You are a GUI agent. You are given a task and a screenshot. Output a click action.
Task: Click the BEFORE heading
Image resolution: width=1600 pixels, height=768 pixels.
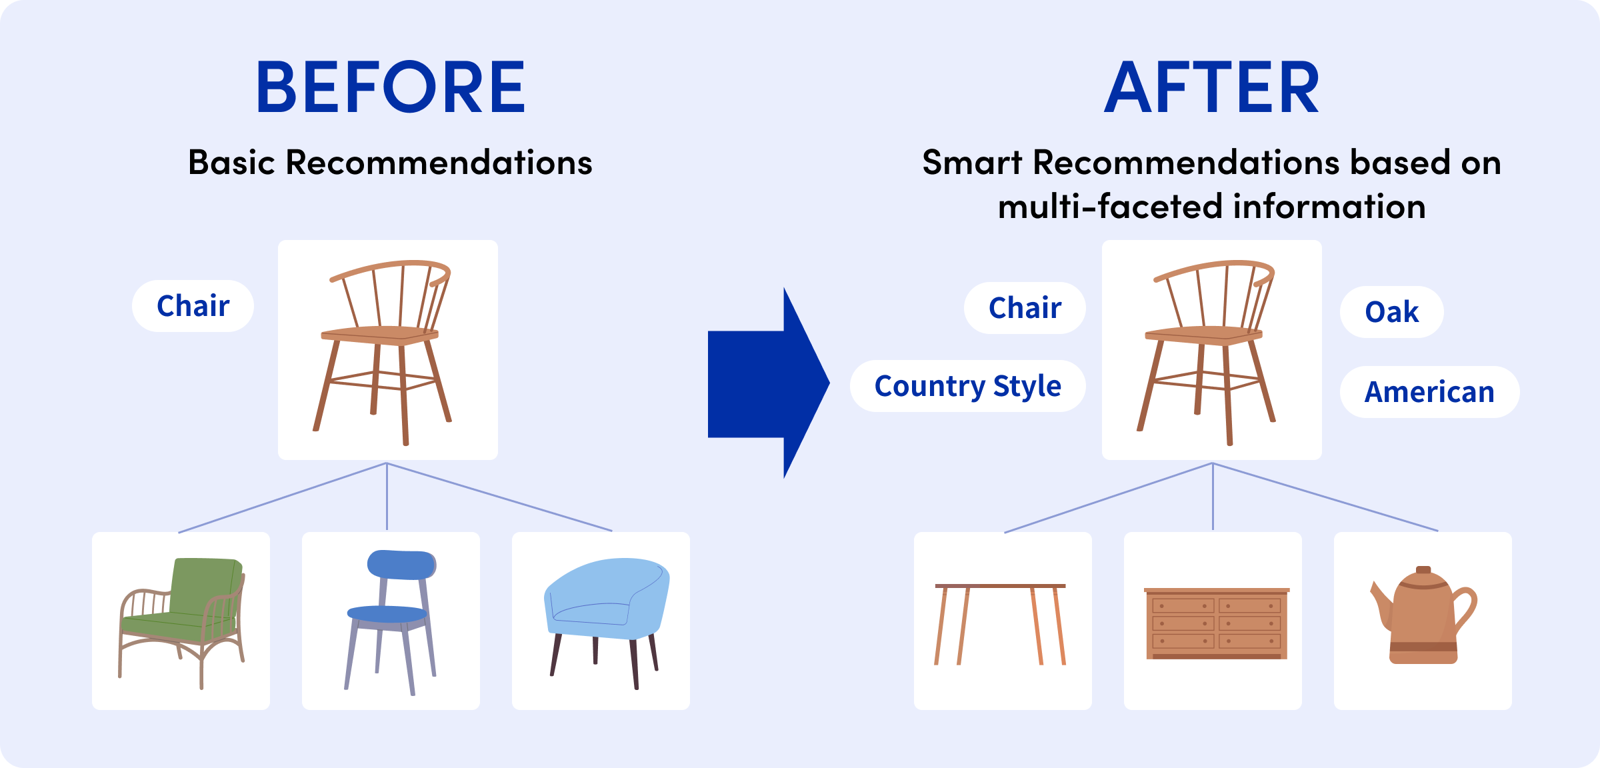tap(391, 87)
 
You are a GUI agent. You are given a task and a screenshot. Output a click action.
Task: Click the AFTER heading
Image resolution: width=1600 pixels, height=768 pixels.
tap(1211, 87)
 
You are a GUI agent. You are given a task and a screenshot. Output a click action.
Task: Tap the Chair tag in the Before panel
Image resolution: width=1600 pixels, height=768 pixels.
tap(193, 306)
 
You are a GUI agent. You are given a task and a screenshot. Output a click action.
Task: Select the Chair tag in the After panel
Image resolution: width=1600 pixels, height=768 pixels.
tap(1025, 308)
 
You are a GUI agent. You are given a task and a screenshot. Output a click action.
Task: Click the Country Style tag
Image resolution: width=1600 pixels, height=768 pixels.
tap(967, 386)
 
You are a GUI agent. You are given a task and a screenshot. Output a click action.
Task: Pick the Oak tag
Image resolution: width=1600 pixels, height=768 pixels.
tap(1392, 312)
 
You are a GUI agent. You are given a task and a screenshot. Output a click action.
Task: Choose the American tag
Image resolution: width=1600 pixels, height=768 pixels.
tap(1430, 392)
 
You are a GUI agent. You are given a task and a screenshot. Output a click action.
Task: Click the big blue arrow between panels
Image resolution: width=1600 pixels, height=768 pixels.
tap(769, 383)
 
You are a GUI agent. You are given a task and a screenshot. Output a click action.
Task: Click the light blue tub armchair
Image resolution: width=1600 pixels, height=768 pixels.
tap(607, 623)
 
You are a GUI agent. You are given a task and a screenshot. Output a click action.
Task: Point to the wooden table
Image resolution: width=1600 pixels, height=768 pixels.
tap(1000, 624)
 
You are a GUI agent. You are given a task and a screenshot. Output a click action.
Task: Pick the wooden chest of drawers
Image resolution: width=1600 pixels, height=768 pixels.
tap(1217, 623)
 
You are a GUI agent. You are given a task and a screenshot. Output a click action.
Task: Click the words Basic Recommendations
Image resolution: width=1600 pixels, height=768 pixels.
tap(390, 163)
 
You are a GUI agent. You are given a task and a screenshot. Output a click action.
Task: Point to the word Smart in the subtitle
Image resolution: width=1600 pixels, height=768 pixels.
tap(972, 163)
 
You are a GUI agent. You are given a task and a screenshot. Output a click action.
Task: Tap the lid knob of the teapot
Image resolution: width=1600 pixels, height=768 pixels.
tap(1423, 570)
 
